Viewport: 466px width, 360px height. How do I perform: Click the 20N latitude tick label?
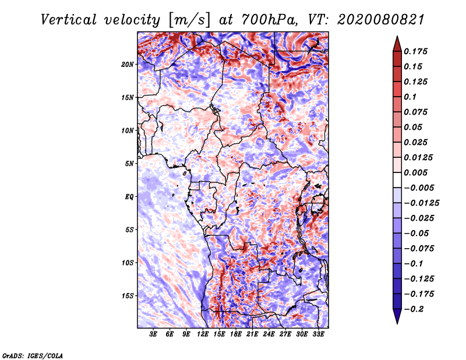pos(128,64)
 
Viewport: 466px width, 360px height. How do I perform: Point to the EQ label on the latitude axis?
pos(129,197)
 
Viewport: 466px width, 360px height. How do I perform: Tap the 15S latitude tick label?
pos(128,296)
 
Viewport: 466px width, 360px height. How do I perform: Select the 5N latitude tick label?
pos(129,164)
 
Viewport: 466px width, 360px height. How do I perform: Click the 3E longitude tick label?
pos(154,334)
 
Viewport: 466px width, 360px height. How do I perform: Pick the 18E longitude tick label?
pos(236,334)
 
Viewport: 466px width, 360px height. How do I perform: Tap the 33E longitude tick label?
pos(318,334)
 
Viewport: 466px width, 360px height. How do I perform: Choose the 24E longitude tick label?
pos(269,334)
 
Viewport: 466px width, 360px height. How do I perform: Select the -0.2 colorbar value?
pos(415,309)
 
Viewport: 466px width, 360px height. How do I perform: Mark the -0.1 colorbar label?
pos(415,263)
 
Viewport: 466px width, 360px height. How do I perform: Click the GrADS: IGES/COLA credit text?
pos(32,355)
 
